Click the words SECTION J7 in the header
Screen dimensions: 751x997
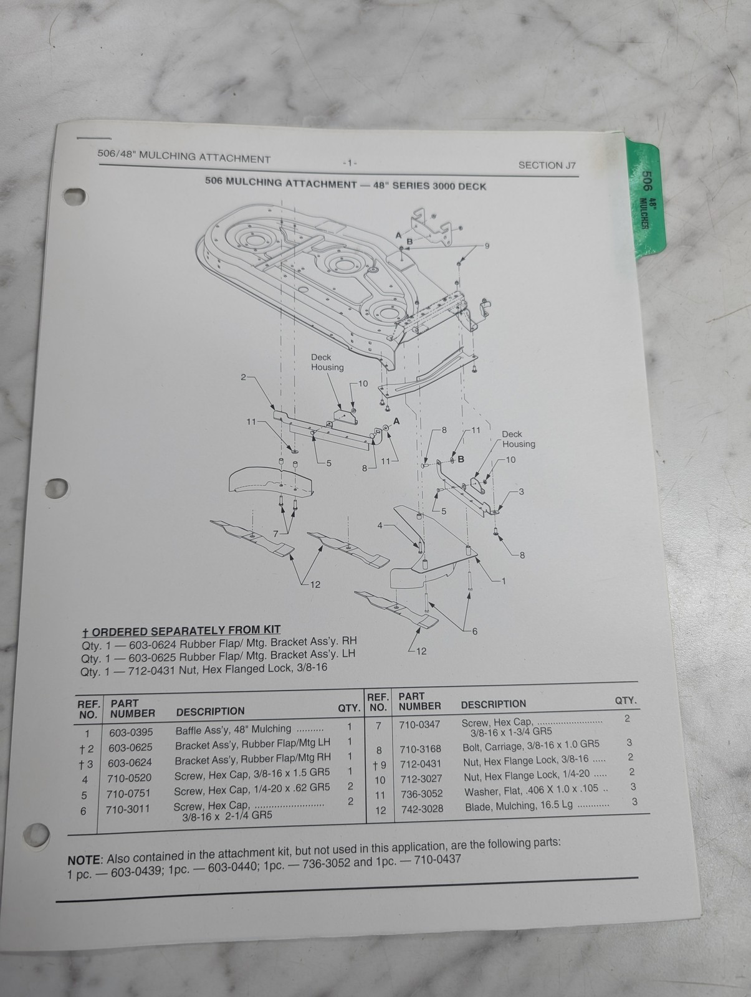tap(547, 165)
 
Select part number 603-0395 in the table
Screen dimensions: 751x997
tap(131, 732)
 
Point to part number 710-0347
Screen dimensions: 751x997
tap(420, 725)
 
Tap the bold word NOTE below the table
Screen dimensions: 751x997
tap(84, 861)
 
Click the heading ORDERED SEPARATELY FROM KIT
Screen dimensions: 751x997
tap(186, 631)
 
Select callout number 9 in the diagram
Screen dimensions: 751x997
tap(487, 246)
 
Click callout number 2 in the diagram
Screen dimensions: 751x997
tap(244, 377)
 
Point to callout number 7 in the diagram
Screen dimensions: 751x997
tap(275, 534)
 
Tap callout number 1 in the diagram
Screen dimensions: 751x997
tap(504, 581)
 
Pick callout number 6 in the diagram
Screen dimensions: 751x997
tap(475, 631)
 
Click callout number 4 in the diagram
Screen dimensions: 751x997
tap(380, 525)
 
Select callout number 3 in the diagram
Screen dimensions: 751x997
tap(521, 492)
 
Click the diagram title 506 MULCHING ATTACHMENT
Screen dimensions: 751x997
tap(281, 183)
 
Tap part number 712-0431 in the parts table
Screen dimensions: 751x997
tap(421, 765)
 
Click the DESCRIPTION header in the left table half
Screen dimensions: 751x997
tap(211, 712)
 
